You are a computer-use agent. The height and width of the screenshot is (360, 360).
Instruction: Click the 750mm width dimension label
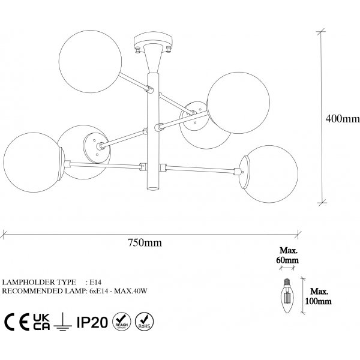(145, 243)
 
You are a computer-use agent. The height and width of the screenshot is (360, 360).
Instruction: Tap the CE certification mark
(17, 323)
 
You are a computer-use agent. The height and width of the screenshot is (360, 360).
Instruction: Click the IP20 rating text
(92, 323)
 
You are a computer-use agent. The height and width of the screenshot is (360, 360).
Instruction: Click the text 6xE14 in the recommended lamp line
(100, 290)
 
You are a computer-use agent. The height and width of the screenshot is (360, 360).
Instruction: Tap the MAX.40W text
(137, 290)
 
